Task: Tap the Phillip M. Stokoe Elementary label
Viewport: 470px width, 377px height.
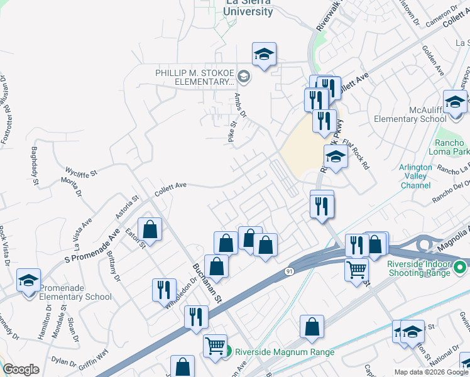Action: point(195,77)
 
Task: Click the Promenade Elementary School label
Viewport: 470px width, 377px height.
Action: point(75,292)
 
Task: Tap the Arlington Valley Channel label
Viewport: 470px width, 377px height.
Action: point(415,177)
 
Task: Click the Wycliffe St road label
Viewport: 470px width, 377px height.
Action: point(82,171)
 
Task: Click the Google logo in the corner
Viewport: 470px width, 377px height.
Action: point(21,369)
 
